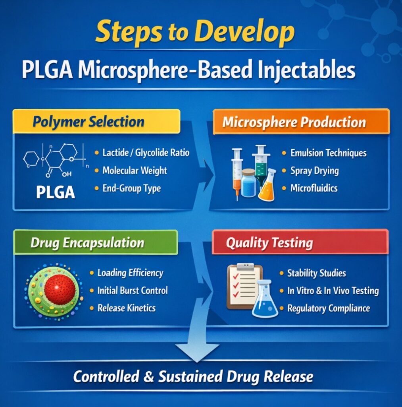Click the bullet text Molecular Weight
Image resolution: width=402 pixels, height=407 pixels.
click(135, 171)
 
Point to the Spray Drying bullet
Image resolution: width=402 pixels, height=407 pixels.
click(314, 171)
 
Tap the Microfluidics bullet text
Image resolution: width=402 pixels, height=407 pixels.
click(314, 188)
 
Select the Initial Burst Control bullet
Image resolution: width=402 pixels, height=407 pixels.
click(132, 291)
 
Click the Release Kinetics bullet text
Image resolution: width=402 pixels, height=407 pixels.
click(126, 308)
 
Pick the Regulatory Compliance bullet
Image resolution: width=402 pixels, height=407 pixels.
click(328, 308)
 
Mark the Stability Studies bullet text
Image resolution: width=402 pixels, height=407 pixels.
click(316, 273)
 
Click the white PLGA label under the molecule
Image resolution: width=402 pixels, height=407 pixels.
click(55, 192)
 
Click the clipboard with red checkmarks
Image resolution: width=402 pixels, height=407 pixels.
click(244, 287)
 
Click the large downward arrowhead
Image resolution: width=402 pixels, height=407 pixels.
click(197, 352)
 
